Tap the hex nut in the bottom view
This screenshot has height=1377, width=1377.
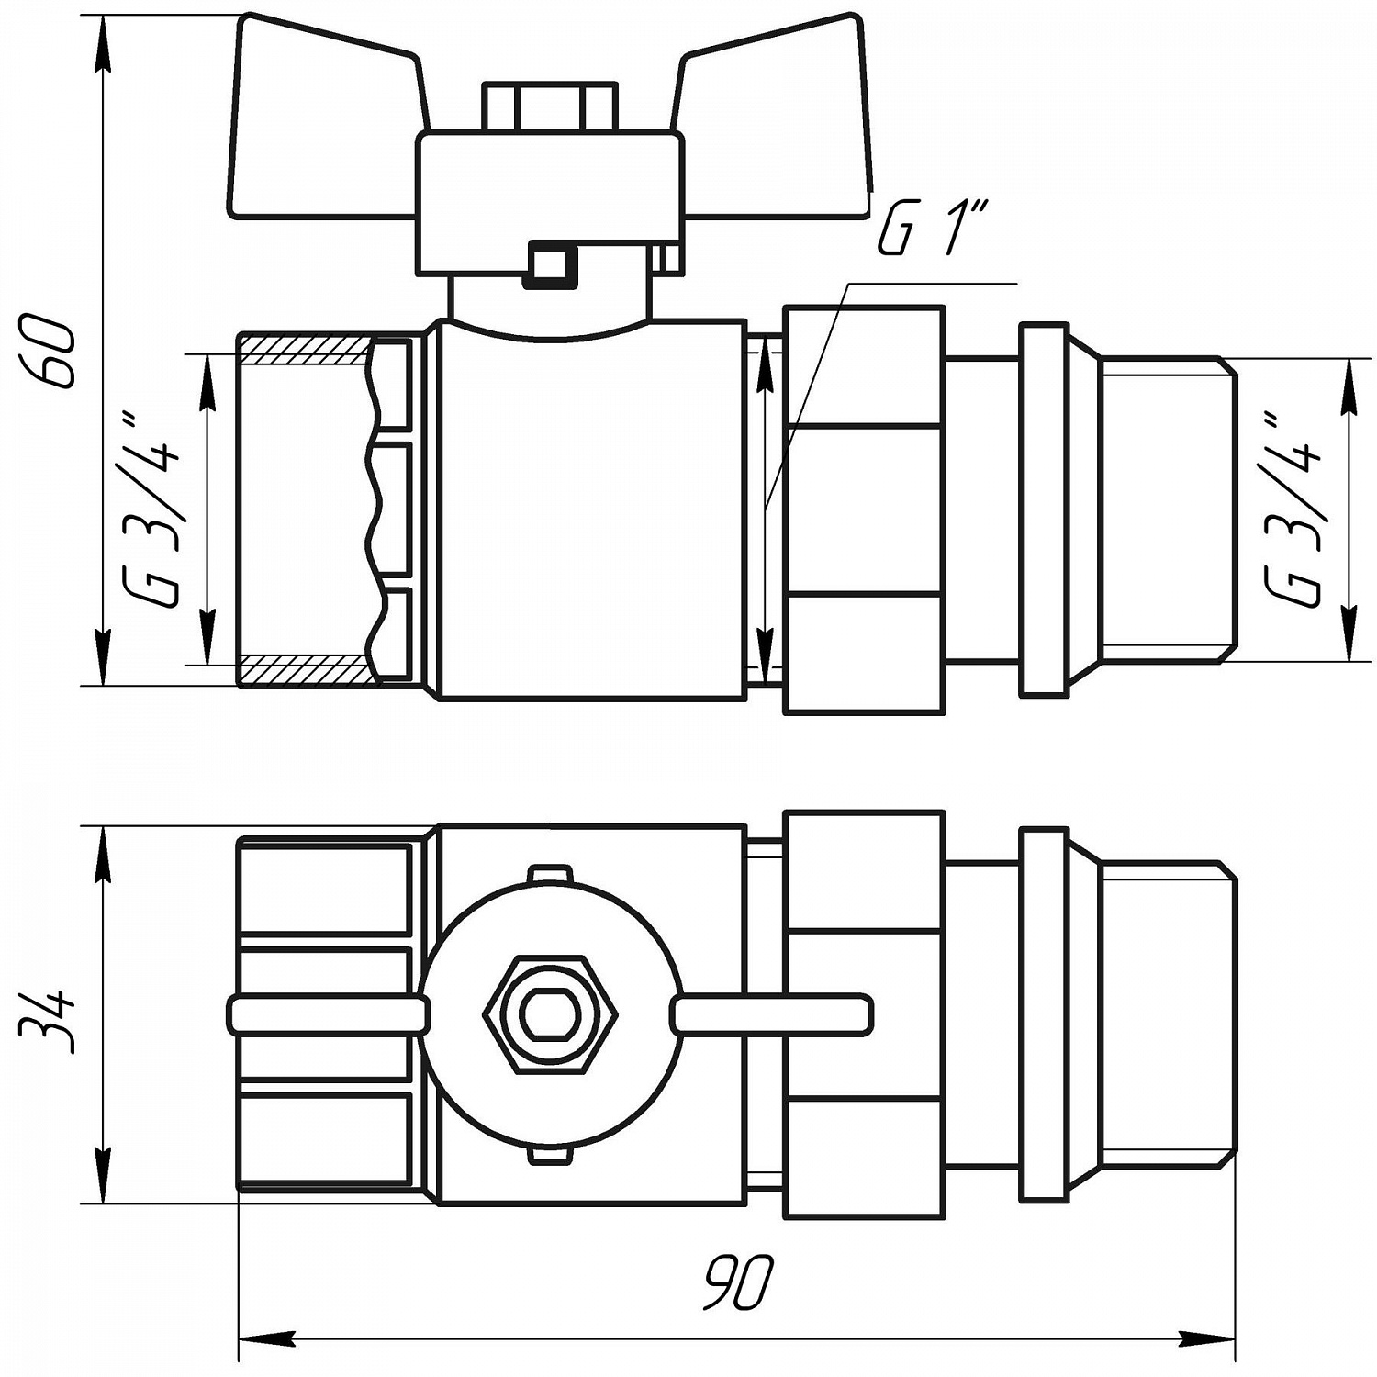tap(549, 1013)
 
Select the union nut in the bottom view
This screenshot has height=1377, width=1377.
tap(863, 1014)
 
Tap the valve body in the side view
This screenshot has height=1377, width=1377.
tap(588, 514)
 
